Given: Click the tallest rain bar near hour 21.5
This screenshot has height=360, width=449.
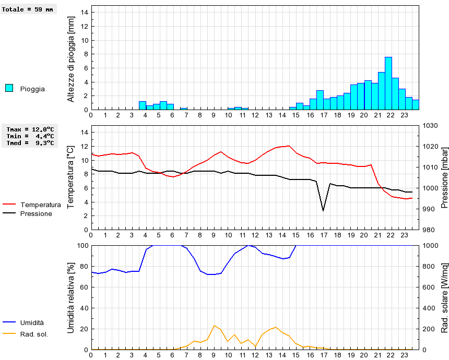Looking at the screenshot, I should point(388,83).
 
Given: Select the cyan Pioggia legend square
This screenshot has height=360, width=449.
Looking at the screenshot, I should point(9,88).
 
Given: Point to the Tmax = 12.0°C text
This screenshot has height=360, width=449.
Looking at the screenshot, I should point(30,129).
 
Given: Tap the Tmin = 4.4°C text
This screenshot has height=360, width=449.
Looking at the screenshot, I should point(30,136).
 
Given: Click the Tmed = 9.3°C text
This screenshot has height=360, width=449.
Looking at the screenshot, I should point(30,143).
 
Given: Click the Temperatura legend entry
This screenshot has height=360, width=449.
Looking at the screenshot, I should point(40,205).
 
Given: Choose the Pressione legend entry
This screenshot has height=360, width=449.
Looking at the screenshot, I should point(36,213).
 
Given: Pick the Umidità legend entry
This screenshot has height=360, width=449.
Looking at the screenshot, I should point(32,323).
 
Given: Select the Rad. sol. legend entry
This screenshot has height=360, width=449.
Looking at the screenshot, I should point(34,334).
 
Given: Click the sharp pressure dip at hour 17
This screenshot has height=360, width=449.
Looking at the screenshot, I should point(323,211).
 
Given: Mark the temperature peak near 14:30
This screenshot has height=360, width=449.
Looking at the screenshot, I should point(289,146).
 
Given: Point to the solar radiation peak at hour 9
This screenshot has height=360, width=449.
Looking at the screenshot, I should point(214,326).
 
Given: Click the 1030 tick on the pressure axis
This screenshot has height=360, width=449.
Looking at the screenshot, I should point(430,126).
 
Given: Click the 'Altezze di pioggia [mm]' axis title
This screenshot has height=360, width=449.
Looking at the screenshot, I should point(72,58).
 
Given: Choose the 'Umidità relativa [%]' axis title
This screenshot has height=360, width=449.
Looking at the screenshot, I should point(72,297).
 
